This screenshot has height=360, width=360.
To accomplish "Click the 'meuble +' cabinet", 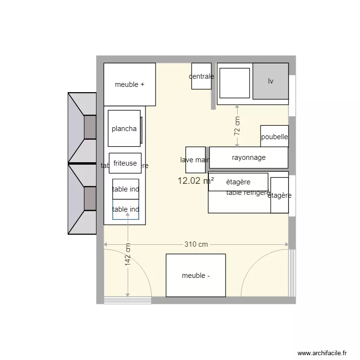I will (130, 84).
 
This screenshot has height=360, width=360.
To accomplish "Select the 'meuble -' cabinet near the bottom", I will (195, 276).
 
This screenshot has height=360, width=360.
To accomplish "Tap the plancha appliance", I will (124, 129).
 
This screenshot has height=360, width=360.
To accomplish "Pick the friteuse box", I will (125, 163).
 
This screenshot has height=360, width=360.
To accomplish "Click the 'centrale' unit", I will (201, 76).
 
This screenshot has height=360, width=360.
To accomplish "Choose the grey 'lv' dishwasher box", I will (271, 81).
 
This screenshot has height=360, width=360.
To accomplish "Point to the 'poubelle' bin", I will (274, 137).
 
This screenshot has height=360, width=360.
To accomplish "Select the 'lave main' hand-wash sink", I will (195, 160).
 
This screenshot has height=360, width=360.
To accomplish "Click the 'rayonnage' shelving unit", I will (248, 157).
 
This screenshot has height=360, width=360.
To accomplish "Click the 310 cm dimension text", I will (196, 244).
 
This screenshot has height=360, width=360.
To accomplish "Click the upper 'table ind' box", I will (126, 189).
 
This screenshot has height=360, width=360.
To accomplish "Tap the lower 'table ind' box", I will (126, 210).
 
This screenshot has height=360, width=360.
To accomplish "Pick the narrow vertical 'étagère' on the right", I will (279, 195).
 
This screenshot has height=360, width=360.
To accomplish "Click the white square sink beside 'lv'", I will (234, 83).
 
